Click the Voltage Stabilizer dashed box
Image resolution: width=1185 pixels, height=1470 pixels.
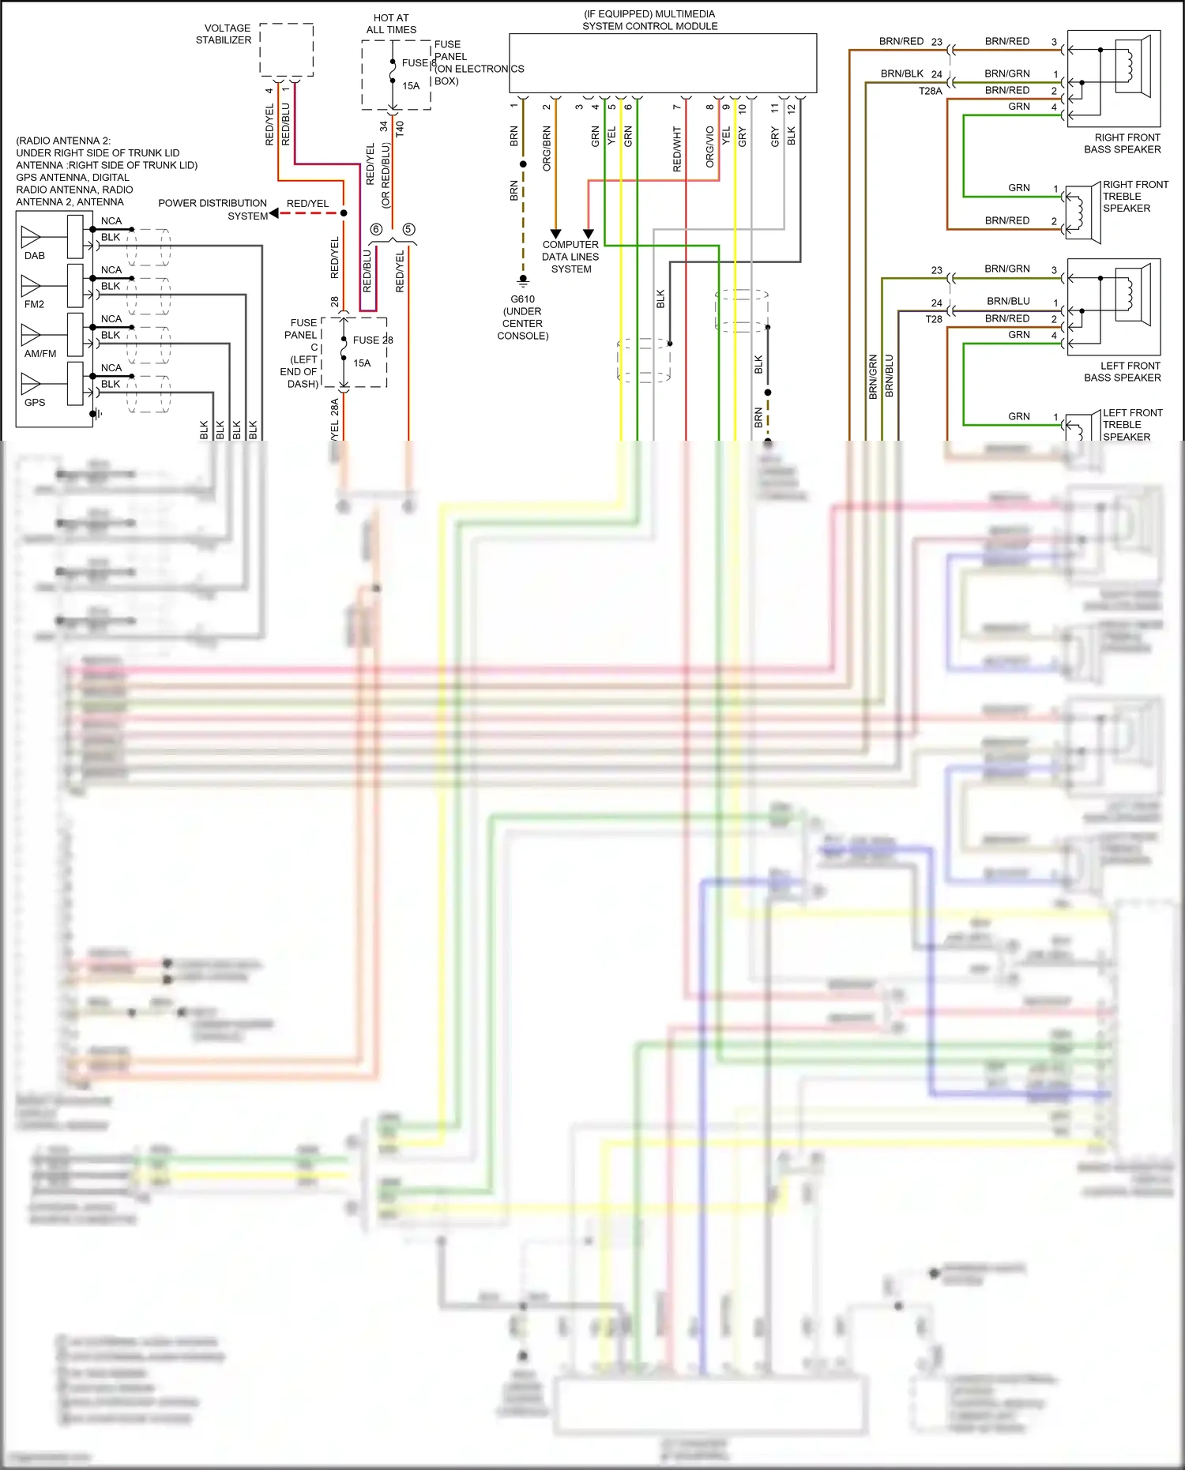tap(287, 50)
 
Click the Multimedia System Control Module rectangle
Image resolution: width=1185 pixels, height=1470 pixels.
tap(662, 63)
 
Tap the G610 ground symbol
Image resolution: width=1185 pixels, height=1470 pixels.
tap(523, 280)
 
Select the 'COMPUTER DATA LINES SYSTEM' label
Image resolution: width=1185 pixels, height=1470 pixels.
tap(570, 257)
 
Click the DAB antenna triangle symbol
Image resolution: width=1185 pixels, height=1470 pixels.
tap(30, 235)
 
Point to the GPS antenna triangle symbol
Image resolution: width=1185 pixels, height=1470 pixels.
tap(30, 383)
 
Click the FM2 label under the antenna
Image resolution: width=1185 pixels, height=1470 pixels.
tap(34, 304)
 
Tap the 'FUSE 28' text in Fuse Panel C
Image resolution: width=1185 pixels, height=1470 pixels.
tap(372, 340)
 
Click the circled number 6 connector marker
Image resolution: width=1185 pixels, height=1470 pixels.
tap(376, 229)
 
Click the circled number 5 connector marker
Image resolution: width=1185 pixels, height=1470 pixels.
tap(408, 229)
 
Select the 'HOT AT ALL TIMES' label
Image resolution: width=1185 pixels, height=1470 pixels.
tap(391, 24)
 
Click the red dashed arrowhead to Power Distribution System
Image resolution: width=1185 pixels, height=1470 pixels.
tap(274, 213)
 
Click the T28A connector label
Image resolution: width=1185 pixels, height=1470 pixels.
tap(930, 91)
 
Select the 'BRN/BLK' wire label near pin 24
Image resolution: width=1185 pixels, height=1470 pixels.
tap(901, 73)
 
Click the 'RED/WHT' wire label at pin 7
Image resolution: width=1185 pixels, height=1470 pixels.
tap(677, 149)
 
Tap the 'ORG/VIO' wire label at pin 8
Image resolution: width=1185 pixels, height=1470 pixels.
tap(709, 147)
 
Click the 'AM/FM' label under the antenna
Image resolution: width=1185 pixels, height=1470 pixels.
tap(39, 354)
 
